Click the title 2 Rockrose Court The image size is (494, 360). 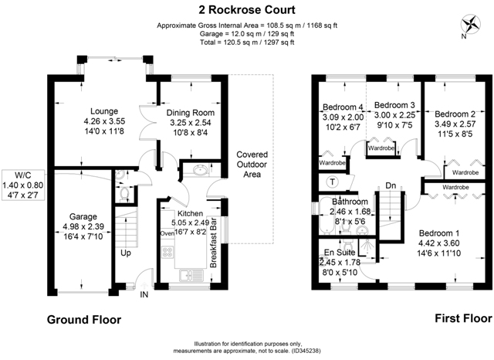point(247,10)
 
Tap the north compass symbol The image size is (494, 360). point(470,24)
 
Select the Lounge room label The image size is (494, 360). point(104,111)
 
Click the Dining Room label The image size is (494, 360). point(191,113)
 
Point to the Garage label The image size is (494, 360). point(83,216)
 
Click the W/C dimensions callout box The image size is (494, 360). point(22,185)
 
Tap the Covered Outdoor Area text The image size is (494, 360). point(252,165)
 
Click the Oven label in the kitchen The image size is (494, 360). point(167,233)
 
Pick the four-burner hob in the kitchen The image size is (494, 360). point(167,252)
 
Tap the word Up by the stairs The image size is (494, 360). point(126,253)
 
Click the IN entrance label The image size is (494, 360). point(144,295)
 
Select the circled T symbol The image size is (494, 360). point(332,182)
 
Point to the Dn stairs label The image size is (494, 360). point(391,185)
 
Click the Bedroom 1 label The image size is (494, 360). point(439,233)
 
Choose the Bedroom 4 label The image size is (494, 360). point(343,107)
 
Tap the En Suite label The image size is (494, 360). point(340,253)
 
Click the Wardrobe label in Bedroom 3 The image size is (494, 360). point(381,148)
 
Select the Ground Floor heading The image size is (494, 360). point(84,320)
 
